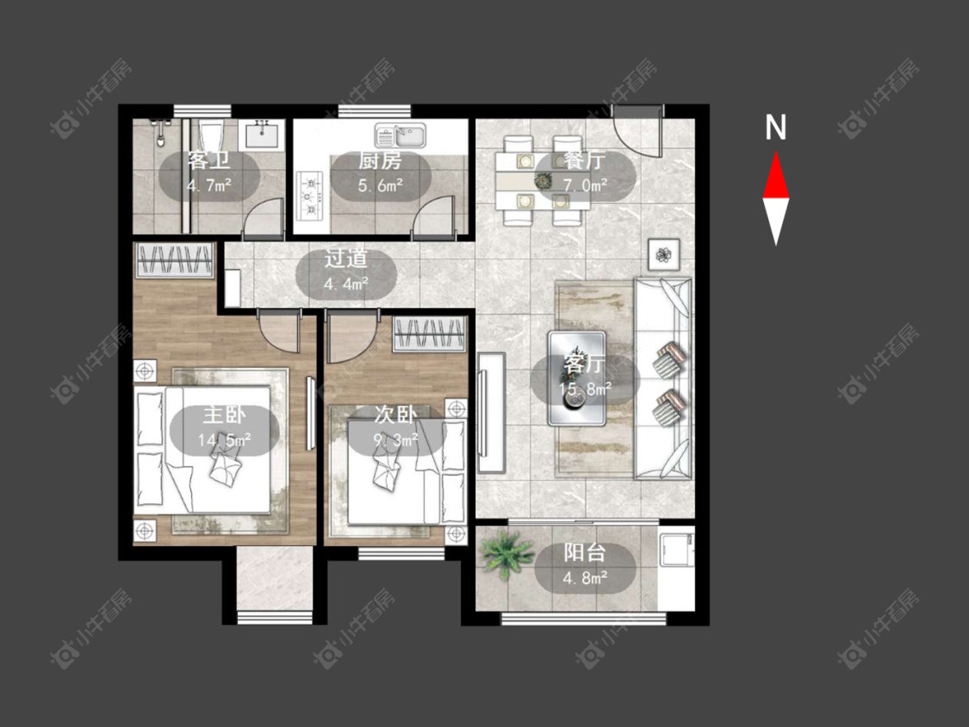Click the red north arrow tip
pyautogui.click(x=775, y=152)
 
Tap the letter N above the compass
pyautogui.click(x=775, y=127)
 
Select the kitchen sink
pyautogui.click(x=401, y=135)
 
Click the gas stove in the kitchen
pyautogui.click(x=311, y=196)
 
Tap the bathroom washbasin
pyautogui.click(x=263, y=134)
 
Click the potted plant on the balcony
pyautogui.click(x=506, y=555)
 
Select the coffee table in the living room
pyautogui.click(x=576, y=378)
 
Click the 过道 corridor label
pyautogui.click(x=346, y=258)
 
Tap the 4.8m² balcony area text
pyautogui.click(x=585, y=578)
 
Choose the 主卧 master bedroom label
pyautogui.click(x=224, y=415)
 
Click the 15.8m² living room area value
pyautogui.click(x=585, y=388)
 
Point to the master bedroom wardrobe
pyautogui.click(x=174, y=260)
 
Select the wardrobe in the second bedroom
pyautogui.click(x=430, y=334)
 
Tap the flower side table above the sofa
pyautogui.click(x=664, y=254)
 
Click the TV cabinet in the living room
pyautogui.click(x=491, y=413)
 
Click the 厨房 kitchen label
pyautogui.click(x=380, y=161)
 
